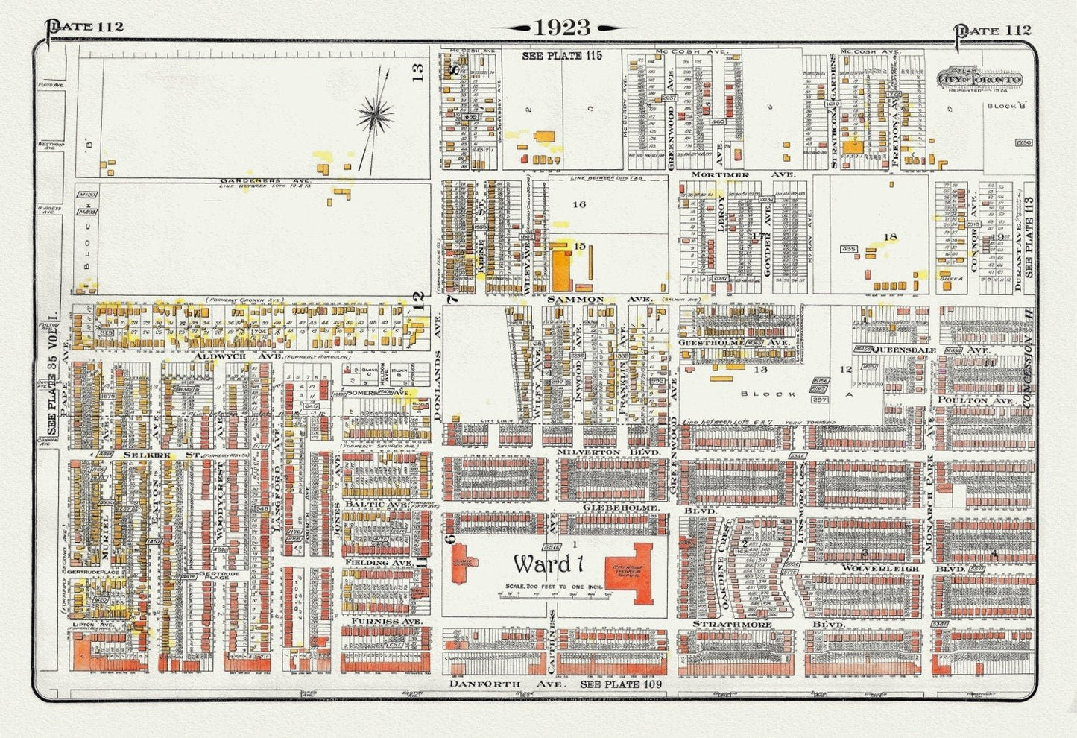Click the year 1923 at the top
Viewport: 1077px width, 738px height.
pyautogui.click(x=563, y=28)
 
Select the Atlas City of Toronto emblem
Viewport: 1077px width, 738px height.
pyautogui.click(x=980, y=80)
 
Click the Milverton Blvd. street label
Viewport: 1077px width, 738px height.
pyautogui.click(x=610, y=452)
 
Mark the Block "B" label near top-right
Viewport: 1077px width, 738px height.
pyautogui.click(x=1007, y=106)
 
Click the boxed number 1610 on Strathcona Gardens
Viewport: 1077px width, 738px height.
pyautogui.click(x=833, y=104)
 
